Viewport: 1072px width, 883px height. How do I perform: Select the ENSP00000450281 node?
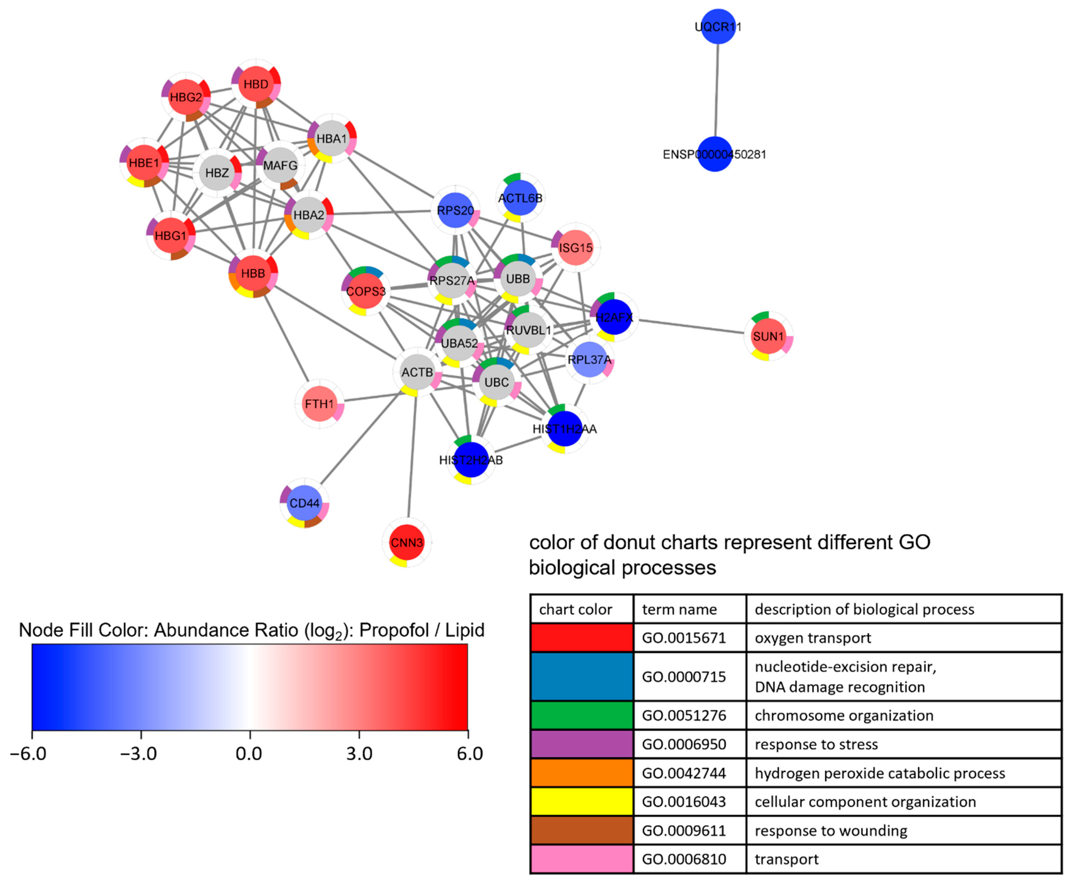tap(714, 154)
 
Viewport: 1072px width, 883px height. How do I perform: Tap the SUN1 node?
tap(768, 336)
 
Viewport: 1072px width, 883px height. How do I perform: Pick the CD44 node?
tap(304, 503)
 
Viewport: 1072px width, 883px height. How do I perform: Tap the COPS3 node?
tap(366, 291)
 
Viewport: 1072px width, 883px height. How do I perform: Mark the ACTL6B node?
tap(520, 198)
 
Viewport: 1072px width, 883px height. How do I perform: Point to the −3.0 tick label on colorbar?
tap(138, 753)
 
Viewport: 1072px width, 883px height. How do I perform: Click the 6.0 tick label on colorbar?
tap(469, 753)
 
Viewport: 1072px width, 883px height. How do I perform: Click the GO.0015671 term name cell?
tap(684, 638)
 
